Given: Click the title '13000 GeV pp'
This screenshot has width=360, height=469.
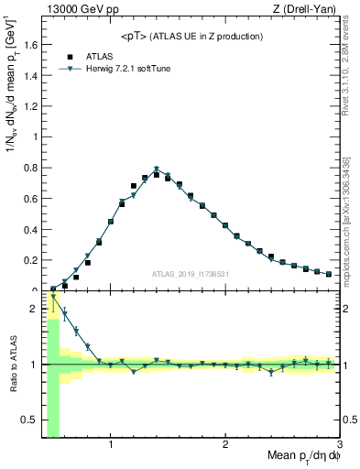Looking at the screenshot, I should click(76, 8).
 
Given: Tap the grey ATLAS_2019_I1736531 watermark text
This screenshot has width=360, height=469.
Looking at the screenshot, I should click(191, 274).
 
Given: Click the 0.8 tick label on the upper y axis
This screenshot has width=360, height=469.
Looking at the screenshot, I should click(34, 168).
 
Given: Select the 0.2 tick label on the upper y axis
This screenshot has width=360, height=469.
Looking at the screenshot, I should click(34, 260).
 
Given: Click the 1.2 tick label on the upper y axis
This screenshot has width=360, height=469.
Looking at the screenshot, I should click(34, 106).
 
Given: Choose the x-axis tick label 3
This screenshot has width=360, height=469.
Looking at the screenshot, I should click(339, 446).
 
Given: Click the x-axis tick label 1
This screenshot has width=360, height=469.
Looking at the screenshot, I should click(111, 446).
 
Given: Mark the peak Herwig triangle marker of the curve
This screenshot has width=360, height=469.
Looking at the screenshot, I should click(157, 169).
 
